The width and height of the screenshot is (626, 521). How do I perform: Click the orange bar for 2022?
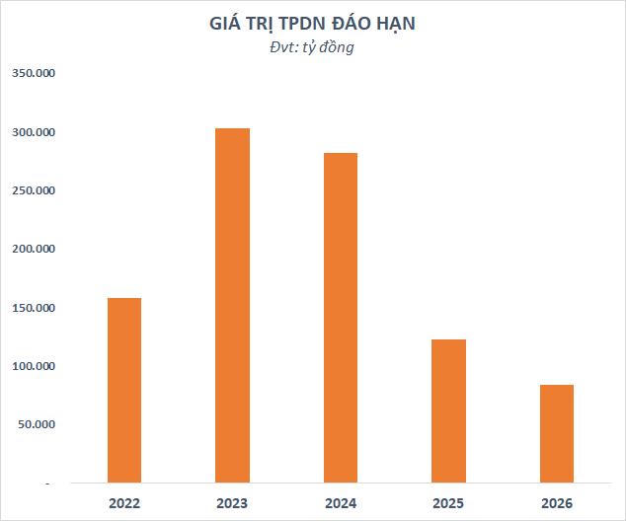[124, 390]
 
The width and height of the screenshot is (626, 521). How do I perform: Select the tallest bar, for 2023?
[232, 306]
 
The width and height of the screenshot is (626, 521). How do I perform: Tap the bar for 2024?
[341, 318]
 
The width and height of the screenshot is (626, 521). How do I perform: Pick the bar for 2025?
[448, 410]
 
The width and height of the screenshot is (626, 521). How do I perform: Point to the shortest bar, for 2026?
[557, 433]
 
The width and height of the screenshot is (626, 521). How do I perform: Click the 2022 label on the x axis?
[124, 503]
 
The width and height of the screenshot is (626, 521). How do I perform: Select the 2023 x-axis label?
[232, 503]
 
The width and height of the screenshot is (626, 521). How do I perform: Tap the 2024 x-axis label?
[341, 503]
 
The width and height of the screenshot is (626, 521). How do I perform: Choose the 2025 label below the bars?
[448, 503]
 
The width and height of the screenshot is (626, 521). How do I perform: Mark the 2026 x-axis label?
[557, 503]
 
